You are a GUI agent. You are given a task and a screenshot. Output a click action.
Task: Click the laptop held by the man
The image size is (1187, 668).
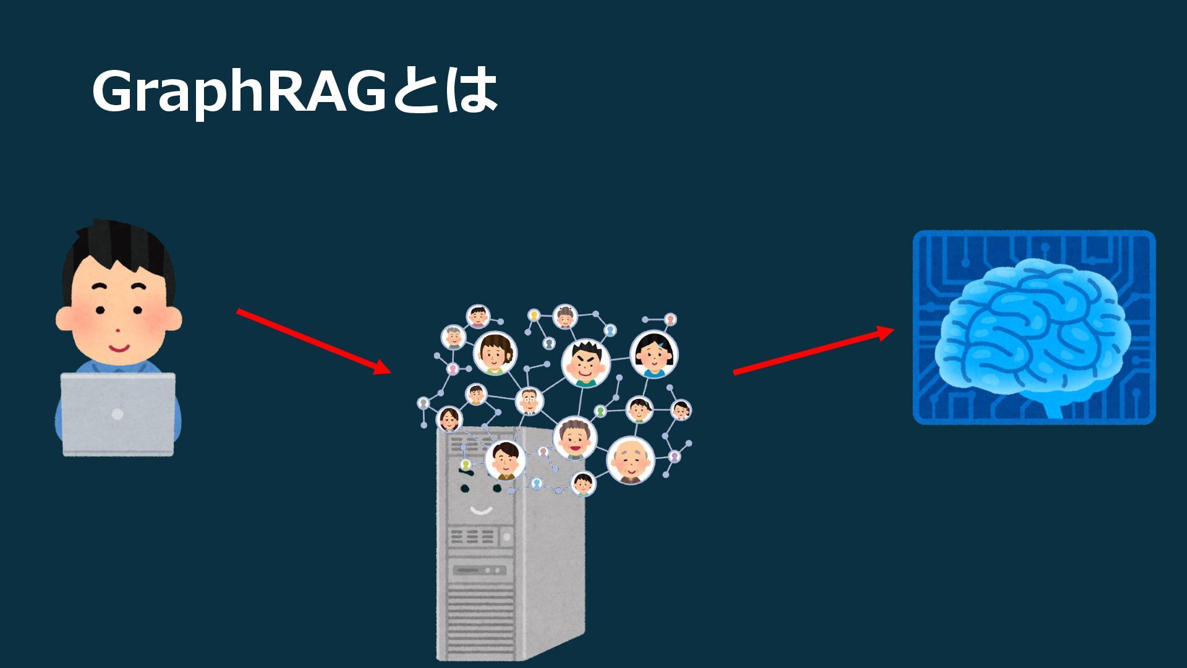tap(117, 413)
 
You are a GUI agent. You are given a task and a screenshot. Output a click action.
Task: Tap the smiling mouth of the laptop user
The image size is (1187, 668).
tap(119, 348)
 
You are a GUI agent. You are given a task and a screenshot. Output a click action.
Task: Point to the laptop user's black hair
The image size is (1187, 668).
tap(117, 247)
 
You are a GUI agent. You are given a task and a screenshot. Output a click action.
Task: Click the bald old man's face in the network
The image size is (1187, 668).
tap(630, 460)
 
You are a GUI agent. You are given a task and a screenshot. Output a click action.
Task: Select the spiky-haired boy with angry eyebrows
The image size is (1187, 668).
tap(585, 363)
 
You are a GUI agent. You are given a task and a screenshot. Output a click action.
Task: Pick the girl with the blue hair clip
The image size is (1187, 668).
tap(653, 355)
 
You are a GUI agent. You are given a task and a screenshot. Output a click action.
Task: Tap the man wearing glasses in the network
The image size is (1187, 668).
tap(529, 401)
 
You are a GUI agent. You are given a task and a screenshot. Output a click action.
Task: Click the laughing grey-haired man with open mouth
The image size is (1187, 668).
tap(574, 438)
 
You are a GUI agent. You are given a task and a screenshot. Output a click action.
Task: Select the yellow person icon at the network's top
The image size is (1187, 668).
tap(534, 315)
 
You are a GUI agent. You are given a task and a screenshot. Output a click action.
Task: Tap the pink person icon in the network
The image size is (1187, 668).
tap(453, 369)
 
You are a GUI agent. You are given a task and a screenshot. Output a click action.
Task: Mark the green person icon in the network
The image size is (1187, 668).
tap(600, 411)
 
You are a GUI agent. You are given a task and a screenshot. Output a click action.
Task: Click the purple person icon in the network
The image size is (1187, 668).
tap(674, 456)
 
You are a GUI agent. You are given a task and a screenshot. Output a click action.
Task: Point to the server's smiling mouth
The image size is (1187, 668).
tap(481, 510)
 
